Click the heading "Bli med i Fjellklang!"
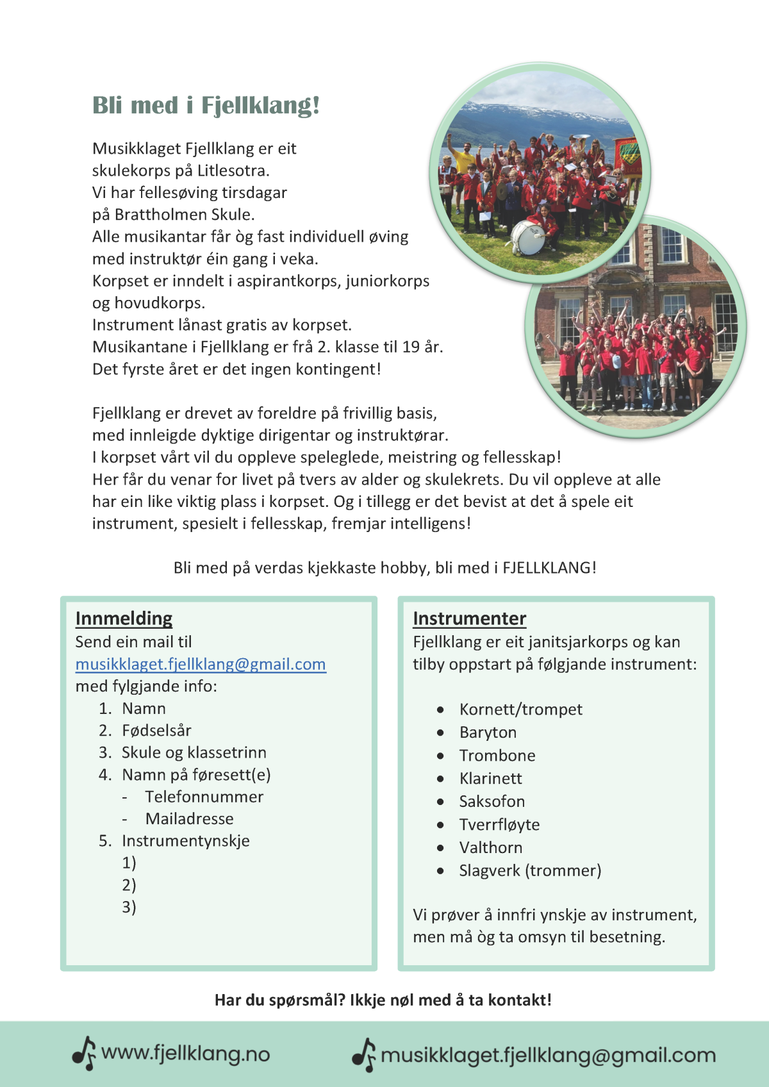click(x=206, y=106)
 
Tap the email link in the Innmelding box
click(x=201, y=664)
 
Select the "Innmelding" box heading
click(x=124, y=618)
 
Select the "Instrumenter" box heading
click(x=469, y=618)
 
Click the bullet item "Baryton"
click(x=488, y=733)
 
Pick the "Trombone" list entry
click(x=497, y=756)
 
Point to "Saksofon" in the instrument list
click(x=492, y=802)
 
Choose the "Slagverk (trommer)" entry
click(x=530, y=871)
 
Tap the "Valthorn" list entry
click(x=490, y=848)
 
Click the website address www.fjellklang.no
click(x=186, y=1054)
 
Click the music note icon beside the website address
click(x=84, y=1054)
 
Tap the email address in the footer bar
click(x=548, y=1056)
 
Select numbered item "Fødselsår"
click(x=156, y=731)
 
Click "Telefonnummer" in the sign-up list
click(x=204, y=797)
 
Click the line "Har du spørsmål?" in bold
click(x=383, y=1000)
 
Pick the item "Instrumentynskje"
click(x=185, y=841)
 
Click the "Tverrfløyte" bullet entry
click(x=499, y=825)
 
